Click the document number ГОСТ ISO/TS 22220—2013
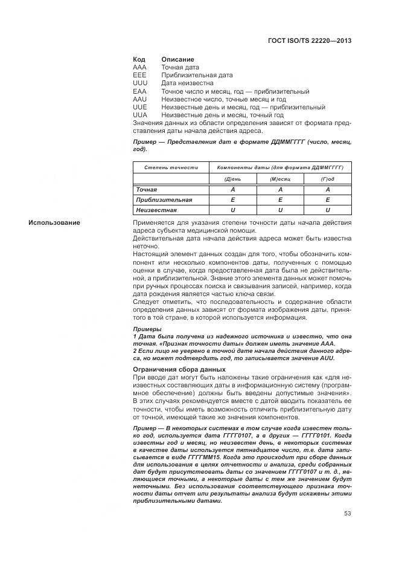[309, 41]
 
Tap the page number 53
[348, 514]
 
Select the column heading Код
[138, 60]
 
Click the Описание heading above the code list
[177, 60]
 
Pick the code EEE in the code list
[139, 76]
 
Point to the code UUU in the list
[139, 83]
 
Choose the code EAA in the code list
[139, 91]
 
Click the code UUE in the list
[139, 107]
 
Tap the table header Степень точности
[171, 167]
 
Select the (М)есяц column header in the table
[280, 179]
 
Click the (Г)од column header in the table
[328, 179]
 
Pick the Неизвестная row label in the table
[156, 210]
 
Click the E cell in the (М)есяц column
[280, 199]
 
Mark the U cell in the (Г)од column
[328, 210]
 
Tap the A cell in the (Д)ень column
[232, 189]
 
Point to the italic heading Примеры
[147, 329]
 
